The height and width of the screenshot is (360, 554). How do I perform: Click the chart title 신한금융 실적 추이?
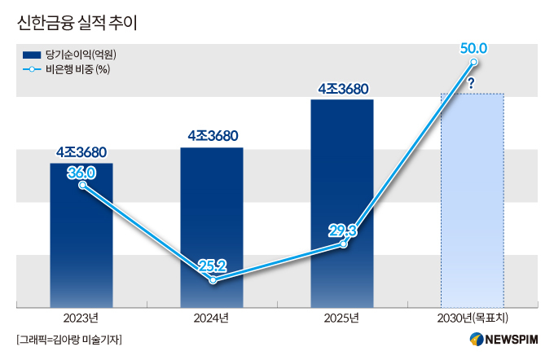(x=77, y=23)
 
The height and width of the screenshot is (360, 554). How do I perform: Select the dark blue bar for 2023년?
(x=81, y=235)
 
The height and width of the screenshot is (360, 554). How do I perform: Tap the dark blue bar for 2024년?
(x=212, y=227)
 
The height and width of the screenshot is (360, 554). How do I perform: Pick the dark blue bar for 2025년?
(x=342, y=204)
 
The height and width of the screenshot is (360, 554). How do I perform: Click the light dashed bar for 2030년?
(x=473, y=200)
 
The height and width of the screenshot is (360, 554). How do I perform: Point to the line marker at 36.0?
(x=82, y=185)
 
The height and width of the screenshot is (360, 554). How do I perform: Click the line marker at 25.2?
(x=213, y=280)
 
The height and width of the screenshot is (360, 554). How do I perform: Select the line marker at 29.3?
(x=343, y=244)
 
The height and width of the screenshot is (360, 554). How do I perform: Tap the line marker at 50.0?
(x=474, y=62)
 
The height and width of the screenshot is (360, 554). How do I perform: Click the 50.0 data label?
(x=473, y=48)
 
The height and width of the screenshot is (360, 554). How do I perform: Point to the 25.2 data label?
(x=213, y=266)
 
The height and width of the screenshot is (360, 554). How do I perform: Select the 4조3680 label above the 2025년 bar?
(x=343, y=89)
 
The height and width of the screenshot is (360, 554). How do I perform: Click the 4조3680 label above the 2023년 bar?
(x=81, y=152)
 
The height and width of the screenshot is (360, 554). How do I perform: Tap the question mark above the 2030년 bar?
(x=471, y=83)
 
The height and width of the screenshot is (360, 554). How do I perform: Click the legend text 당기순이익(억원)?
(x=81, y=55)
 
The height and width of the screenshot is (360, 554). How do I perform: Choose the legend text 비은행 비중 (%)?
(x=77, y=69)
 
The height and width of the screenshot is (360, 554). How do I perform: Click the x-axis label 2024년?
(x=211, y=318)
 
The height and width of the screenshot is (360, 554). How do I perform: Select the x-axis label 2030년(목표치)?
(x=473, y=318)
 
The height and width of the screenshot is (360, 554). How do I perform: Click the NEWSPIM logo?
(x=503, y=340)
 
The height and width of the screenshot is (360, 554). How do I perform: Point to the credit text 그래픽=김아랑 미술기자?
(x=69, y=340)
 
